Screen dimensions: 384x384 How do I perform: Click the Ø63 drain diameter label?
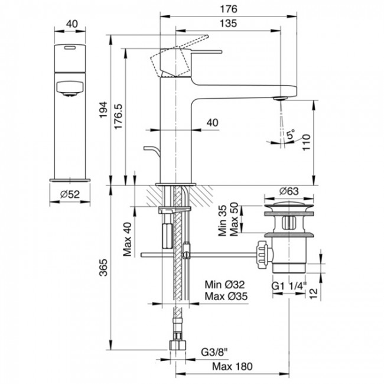pos(288,190)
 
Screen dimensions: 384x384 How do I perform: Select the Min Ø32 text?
pos(224,285)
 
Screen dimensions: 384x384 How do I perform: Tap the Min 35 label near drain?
pos(223,220)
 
